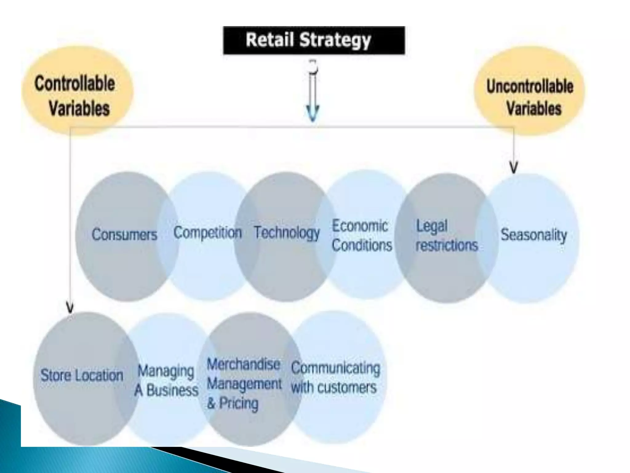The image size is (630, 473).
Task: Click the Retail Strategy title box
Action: click(314, 40)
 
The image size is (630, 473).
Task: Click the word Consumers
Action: click(124, 235)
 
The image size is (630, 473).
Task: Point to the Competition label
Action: click(207, 232)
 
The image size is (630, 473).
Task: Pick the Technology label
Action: click(287, 233)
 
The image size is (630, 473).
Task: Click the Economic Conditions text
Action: click(362, 236)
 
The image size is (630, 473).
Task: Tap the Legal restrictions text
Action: click(446, 236)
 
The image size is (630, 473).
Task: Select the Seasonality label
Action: click(534, 235)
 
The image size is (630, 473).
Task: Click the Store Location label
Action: click(82, 375)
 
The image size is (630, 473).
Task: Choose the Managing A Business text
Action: click(166, 381)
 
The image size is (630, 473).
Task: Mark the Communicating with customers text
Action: click(335, 378)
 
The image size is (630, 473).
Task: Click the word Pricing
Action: click(238, 403)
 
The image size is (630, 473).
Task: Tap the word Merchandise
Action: click(243, 365)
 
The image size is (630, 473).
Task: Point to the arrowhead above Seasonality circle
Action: click(513, 168)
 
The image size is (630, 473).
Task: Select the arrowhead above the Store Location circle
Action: click(70, 308)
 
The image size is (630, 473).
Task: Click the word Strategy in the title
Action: click(335, 40)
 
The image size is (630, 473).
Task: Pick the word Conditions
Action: click(362, 245)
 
